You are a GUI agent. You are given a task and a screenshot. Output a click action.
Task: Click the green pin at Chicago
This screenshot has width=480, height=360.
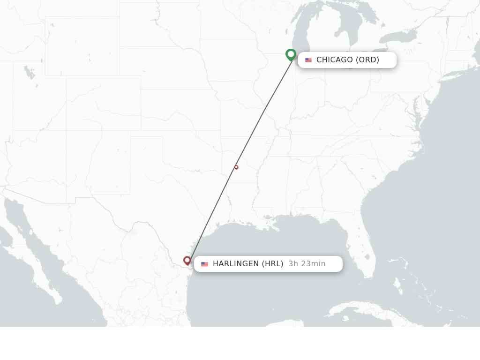pos(291,54)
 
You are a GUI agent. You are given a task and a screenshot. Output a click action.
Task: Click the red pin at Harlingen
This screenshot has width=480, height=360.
pos(187,260)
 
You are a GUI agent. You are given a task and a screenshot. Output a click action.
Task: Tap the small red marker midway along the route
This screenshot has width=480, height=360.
pos(236,167)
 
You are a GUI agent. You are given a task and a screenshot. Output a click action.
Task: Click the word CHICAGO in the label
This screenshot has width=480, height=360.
pos(334,60)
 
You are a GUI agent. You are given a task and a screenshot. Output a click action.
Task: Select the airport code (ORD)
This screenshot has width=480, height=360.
pos(367,60)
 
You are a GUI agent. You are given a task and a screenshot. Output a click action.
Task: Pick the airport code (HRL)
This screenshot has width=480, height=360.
pos(272,264)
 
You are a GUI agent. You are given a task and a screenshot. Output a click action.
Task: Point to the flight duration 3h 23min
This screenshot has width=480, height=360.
pos(307,264)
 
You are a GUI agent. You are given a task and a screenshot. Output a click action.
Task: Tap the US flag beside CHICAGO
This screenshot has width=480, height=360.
pos(308,60)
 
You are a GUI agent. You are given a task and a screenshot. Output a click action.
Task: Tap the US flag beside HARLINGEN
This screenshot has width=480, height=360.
pos(204,264)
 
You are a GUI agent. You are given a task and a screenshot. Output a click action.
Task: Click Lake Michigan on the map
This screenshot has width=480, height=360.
pos(300,33)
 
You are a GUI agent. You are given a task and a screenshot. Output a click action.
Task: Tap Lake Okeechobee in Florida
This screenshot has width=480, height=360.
pos(367,257)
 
